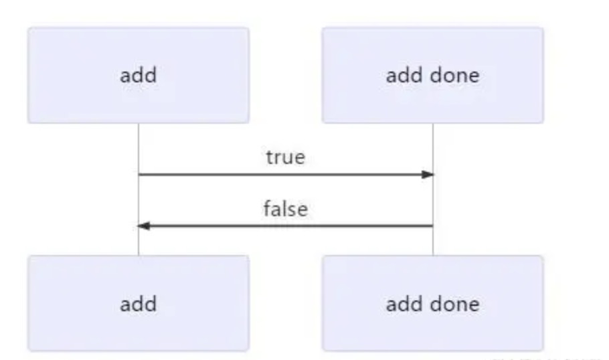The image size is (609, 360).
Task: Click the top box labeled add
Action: tap(139, 76)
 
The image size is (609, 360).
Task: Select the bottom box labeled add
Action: tap(139, 303)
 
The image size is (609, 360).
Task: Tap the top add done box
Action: tap(433, 76)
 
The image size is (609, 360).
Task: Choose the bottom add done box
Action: tap(433, 303)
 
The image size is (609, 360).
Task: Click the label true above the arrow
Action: tap(286, 157)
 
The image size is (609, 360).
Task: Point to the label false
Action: tap(286, 209)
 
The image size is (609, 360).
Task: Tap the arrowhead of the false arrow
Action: tap(144, 226)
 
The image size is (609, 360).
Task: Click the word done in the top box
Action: tap(455, 75)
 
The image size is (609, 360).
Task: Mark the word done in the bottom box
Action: tap(455, 303)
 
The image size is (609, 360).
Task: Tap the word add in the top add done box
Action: tap(405, 75)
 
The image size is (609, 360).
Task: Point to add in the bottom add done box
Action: tap(405, 303)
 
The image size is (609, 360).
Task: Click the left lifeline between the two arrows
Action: tap(139, 200)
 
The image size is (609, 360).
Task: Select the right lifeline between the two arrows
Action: tap(433, 200)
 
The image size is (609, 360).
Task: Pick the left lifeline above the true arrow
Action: tap(139, 149)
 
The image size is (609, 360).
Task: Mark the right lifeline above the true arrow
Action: tap(433, 149)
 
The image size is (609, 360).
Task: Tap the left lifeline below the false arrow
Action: tap(139, 241)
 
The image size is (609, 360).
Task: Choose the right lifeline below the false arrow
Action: tap(433, 241)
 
